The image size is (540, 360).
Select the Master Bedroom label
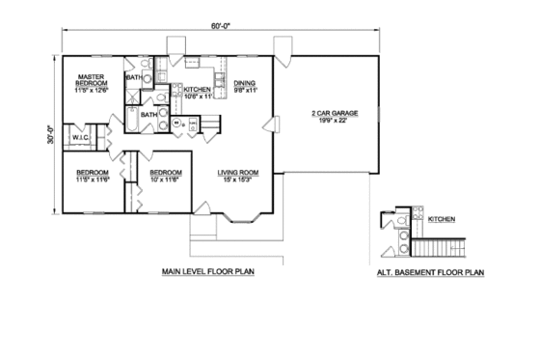[x=92, y=80]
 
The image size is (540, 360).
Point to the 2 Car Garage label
[x=334, y=114]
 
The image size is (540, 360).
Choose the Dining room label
[x=243, y=83]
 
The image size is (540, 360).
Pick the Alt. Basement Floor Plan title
[x=429, y=273]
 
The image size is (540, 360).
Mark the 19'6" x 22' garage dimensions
[x=334, y=121]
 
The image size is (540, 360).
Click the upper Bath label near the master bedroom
[x=134, y=76]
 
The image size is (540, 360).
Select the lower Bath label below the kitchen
[x=148, y=115]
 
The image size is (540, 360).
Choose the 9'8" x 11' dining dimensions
[x=243, y=90]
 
